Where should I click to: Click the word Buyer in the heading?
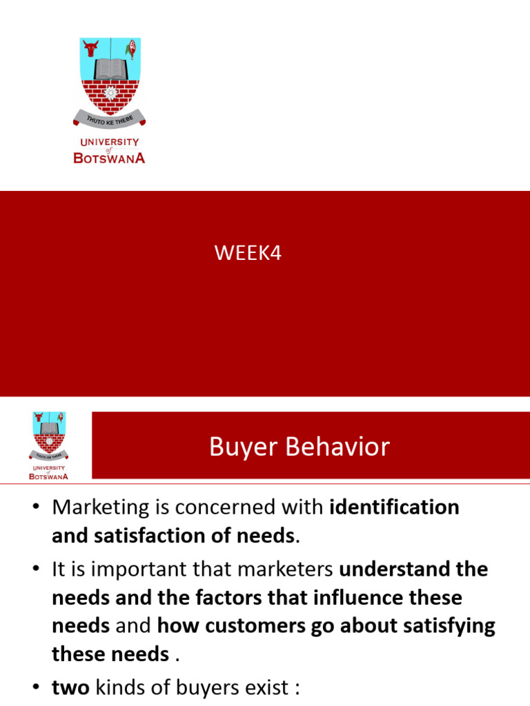243,447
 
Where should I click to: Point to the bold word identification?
395,507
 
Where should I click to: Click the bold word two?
70,688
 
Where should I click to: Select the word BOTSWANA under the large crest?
109,157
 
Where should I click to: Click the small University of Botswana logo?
48,445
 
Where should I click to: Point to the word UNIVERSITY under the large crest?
109,142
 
